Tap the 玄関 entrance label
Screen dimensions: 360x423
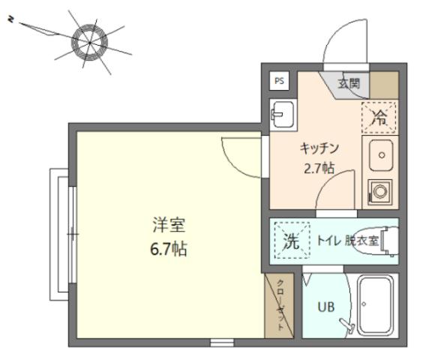(348, 82)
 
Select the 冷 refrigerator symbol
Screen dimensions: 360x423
(379, 116)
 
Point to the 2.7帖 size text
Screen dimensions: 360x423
(319, 167)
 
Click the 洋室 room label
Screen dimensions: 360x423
(169, 224)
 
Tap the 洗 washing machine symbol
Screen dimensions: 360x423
(289, 241)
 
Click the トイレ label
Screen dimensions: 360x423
(328, 241)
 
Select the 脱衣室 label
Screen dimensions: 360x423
(362, 241)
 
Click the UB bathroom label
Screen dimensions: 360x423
(324, 307)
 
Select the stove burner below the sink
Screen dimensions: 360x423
(378, 191)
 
